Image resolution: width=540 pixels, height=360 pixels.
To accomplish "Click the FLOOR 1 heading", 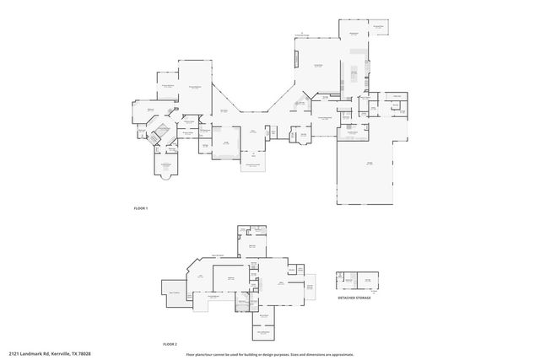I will click(x=141, y=208).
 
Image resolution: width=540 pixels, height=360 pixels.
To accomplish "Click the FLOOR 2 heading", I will click(x=170, y=345).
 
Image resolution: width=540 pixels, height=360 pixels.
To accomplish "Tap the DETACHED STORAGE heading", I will click(x=354, y=298).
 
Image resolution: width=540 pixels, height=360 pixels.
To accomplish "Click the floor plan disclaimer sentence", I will click(x=269, y=353).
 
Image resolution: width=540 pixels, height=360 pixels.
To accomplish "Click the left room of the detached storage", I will click(x=344, y=281).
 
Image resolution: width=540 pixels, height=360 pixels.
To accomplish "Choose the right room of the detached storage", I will click(x=367, y=281).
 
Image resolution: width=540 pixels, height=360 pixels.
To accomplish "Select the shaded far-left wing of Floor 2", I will click(x=175, y=292).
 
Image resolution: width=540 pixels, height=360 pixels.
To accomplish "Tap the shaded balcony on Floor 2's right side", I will click(x=310, y=291).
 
